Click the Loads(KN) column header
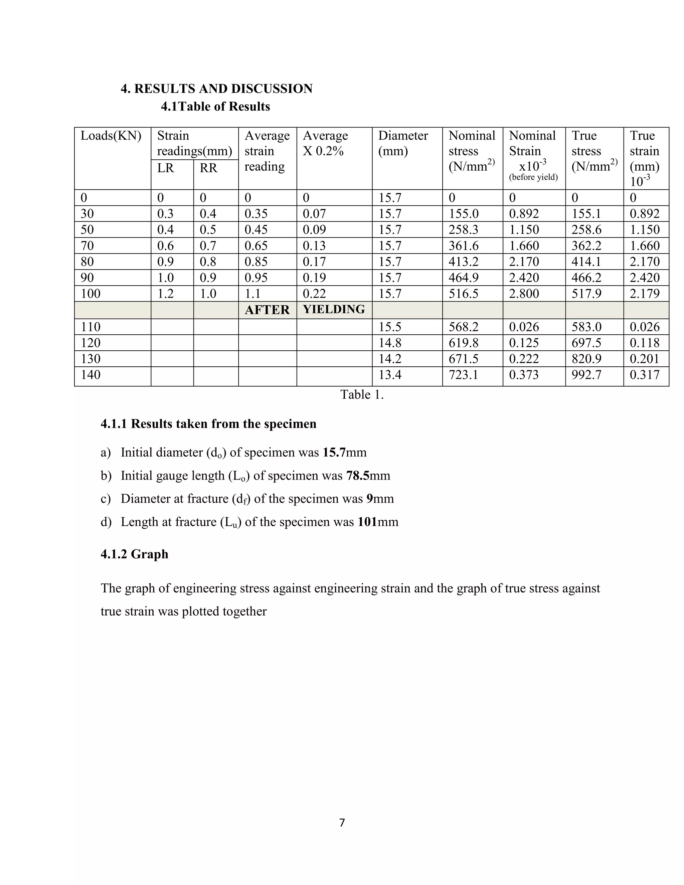click(111, 136)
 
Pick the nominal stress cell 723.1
click(463, 375)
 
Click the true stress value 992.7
click(586, 375)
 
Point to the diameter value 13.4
click(390, 375)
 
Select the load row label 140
click(91, 375)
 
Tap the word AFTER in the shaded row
click(267, 310)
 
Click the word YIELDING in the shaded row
click(334, 310)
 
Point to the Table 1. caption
click(361, 395)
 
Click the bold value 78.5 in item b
click(357, 475)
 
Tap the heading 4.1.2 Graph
click(134, 554)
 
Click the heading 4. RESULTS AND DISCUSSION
click(216, 89)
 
